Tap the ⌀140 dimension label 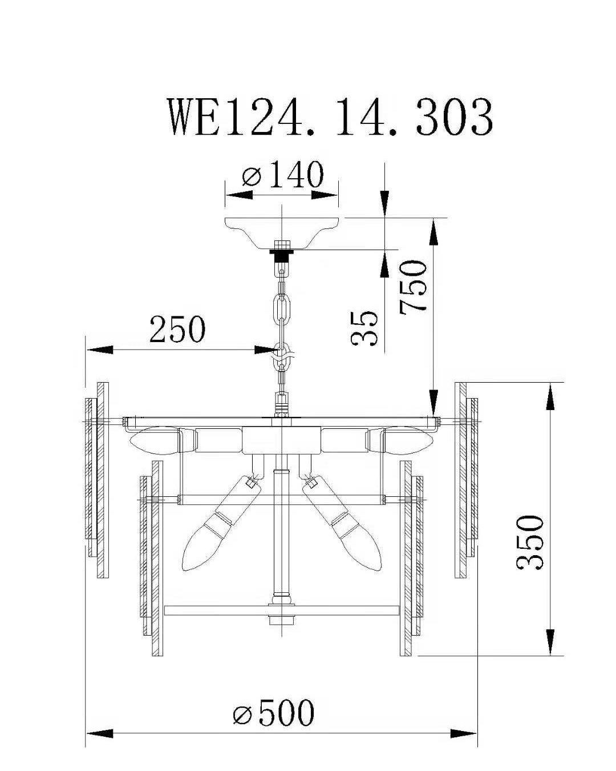[282, 174]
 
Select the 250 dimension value [177, 328]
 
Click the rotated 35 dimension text [364, 328]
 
